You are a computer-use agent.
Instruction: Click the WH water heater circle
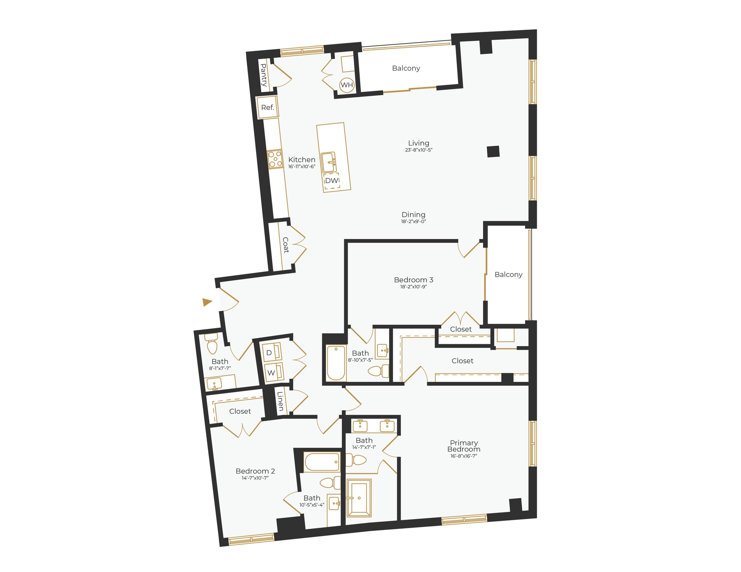pyautogui.click(x=347, y=85)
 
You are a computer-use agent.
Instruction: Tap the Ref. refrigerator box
pyautogui.click(x=268, y=108)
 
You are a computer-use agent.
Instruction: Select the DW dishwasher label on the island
pyautogui.click(x=332, y=181)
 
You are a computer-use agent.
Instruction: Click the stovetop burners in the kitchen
pyautogui.click(x=275, y=159)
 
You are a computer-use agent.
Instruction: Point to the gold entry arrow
pyautogui.click(x=207, y=302)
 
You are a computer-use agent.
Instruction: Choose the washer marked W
pyautogui.click(x=273, y=373)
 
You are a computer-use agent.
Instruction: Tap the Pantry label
pyautogui.click(x=264, y=75)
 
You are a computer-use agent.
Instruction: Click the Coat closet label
pyautogui.click(x=286, y=245)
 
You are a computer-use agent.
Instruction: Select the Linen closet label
pyautogui.click(x=280, y=401)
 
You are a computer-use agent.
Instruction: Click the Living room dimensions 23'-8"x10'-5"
pyautogui.click(x=419, y=150)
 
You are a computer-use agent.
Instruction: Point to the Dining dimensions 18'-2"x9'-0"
pyautogui.click(x=413, y=222)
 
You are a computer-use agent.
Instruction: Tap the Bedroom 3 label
pyautogui.click(x=413, y=280)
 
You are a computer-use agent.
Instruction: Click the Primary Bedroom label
pyautogui.click(x=464, y=446)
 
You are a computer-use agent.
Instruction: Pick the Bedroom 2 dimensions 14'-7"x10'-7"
pyautogui.click(x=255, y=478)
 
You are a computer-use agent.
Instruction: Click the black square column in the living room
pyautogui.click(x=493, y=151)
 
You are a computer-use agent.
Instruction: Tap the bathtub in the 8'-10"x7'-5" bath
pyautogui.click(x=336, y=363)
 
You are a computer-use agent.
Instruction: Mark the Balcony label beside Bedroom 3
pyautogui.click(x=508, y=275)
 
